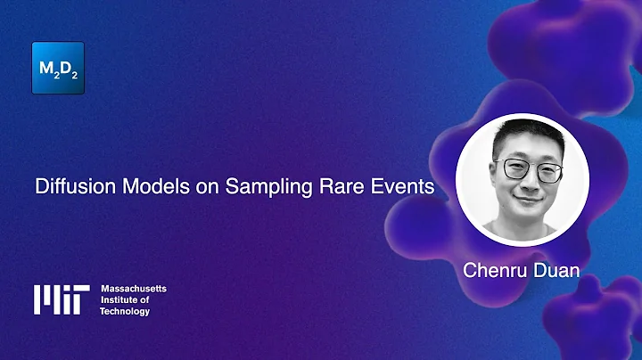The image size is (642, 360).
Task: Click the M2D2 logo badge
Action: (x=58, y=68)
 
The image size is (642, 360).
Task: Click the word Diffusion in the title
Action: (x=68, y=187)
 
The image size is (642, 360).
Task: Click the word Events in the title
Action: (x=400, y=187)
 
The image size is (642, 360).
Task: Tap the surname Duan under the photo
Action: (x=555, y=270)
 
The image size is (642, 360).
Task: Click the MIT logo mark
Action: (x=62, y=299)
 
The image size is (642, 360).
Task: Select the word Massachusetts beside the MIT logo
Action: (x=134, y=290)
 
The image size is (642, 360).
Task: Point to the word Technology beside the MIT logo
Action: (x=125, y=311)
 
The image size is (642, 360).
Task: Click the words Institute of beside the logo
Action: (x=127, y=300)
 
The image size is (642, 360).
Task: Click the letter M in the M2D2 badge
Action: (x=47, y=67)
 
